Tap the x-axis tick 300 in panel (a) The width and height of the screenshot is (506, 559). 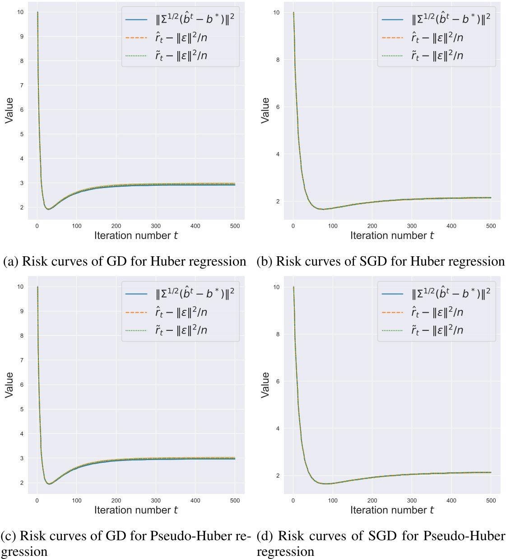(156, 226)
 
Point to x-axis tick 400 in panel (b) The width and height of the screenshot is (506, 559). (451, 226)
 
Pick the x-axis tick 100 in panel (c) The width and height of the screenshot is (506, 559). (77, 500)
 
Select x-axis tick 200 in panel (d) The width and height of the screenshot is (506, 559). (372, 500)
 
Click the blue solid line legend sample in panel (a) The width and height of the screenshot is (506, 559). (136, 20)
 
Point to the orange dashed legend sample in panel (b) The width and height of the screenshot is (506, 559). (392, 38)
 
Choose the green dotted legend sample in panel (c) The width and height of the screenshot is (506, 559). (136, 330)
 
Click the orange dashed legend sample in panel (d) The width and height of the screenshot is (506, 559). (392, 312)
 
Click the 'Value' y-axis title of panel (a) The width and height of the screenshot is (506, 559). (9, 110)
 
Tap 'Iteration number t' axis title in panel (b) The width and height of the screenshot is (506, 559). (392, 235)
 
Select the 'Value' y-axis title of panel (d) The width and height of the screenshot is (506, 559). (265, 385)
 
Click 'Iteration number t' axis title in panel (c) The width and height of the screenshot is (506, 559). (136, 510)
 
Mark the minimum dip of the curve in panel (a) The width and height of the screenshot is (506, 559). (49, 209)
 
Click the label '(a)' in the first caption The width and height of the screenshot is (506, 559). (11, 262)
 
